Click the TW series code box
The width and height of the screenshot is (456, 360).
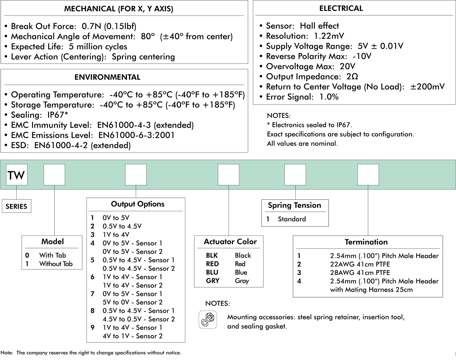pyautogui.click(x=17, y=175)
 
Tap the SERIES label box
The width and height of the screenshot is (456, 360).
pyautogui.click(x=16, y=206)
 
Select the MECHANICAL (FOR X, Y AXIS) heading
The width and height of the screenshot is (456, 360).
pyautogui.click(x=119, y=9)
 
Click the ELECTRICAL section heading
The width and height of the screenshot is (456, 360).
pyautogui.click(x=341, y=8)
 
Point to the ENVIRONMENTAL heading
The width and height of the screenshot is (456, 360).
pyautogui.click(x=108, y=77)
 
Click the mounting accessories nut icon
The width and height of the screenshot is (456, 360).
pyautogui.click(x=208, y=319)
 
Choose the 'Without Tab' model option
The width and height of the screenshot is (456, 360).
pyautogui.click(x=56, y=264)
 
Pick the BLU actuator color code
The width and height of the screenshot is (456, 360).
pyautogui.click(x=212, y=272)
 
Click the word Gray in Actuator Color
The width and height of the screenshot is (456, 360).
pyautogui.click(x=242, y=281)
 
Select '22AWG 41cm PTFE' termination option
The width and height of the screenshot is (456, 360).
pyautogui.click(x=360, y=264)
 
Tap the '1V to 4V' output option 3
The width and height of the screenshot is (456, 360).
pyautogui.click(x=116, y=235)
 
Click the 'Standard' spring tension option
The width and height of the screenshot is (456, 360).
pyautogui.click(x=292, y=219)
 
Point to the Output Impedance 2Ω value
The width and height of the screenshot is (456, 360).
pyautogui.click(x=352, y=76)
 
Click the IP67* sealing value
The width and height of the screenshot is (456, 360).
pyautogui.click(x=58, y=115)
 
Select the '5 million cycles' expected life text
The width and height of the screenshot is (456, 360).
pyautogui.click(x=98, y=46)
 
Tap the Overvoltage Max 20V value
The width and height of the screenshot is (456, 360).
pyautogui.click(x=348, y=66)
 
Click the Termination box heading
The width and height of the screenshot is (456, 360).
pyautogui.click(x=366, y=242)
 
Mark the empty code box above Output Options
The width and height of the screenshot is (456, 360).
pyautogui.click(x=136, y=175)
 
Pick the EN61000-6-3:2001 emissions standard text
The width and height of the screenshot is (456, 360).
pyautogui.click(x=136, y=135)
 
